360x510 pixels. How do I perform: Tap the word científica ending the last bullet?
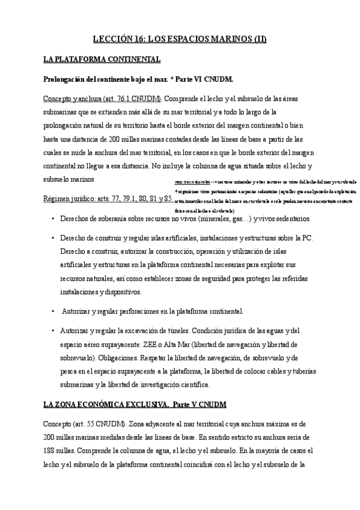coord(191,384)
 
